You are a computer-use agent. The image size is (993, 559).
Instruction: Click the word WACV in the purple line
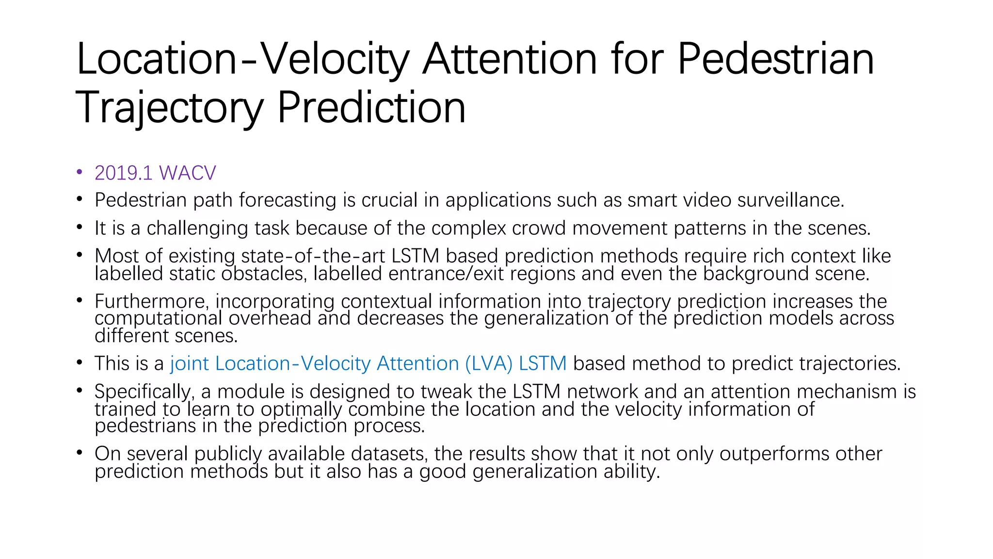click(187, 173)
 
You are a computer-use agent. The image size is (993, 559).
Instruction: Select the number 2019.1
click(124, 173)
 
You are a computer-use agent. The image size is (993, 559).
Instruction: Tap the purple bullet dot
click(80, 172)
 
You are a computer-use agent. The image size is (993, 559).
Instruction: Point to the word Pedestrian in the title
click(775, 59)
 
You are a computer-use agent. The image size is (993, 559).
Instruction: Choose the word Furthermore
click(152, 302)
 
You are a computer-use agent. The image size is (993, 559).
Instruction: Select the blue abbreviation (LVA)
click(488, 363)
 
